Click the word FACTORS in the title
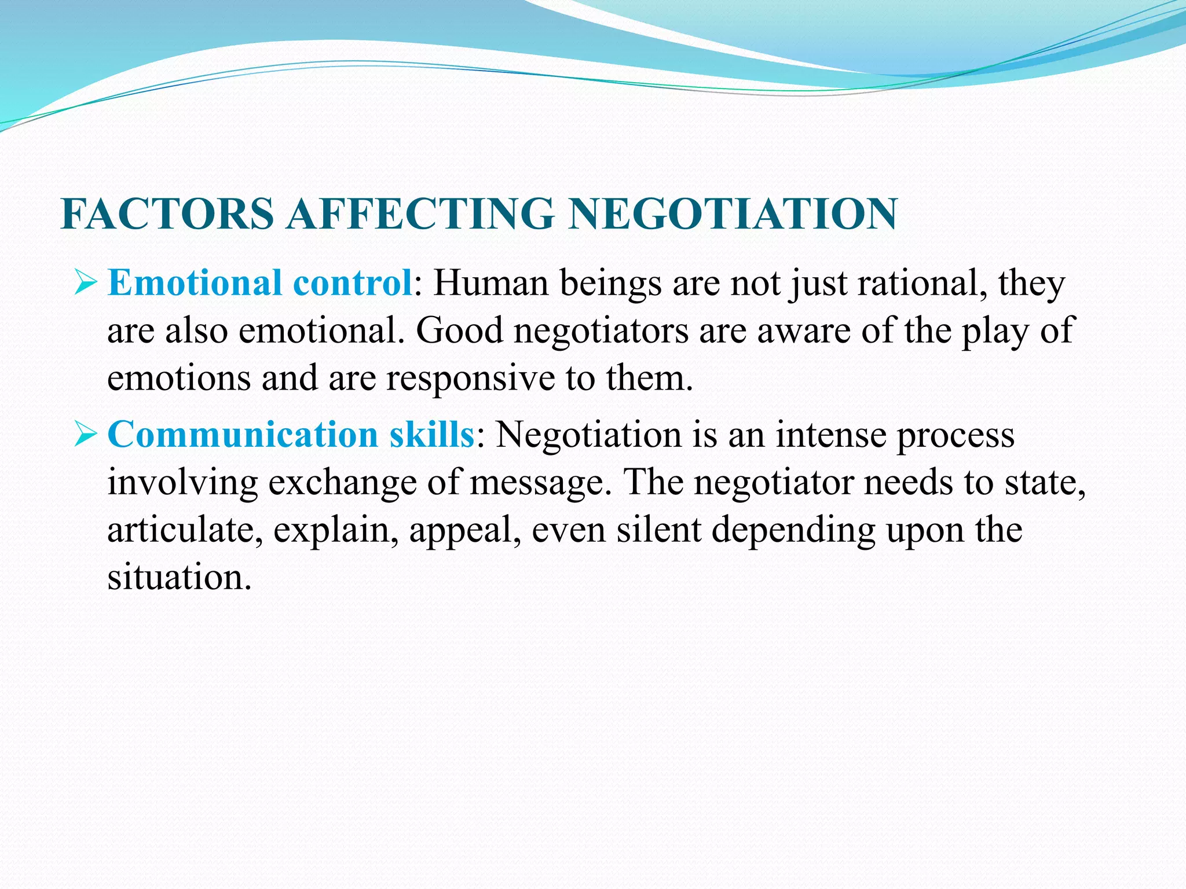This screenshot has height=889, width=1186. pyautogui.click(x=167, y=214)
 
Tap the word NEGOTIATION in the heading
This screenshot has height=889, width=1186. pyautogui.click(x=733, y=214)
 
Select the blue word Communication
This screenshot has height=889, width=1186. pyautogui.click(x=243, y=435)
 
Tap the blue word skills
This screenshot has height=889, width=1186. pyautogui.click(x=432, y=435)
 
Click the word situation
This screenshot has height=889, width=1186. pyautogui.click(x=180, y=578)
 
